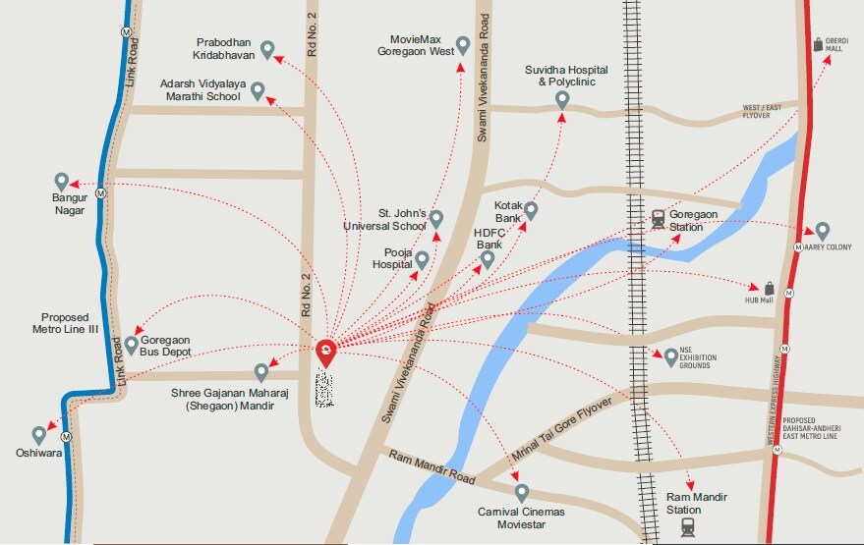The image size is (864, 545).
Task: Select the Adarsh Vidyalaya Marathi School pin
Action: pyautogui.click(x=258, y=91)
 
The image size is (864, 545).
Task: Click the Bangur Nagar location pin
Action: pyautogui.click(x=61, y=182)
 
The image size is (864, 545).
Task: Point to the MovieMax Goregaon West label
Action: pyautogui.click(x=422, y=45)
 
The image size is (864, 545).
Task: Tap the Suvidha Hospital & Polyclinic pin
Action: pyautogui.click(x=562, y=99)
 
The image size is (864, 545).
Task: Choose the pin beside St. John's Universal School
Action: pyautogui.click(x=436, y=218)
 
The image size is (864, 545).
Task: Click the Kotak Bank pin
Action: pyautogui.click(x=531, y=210)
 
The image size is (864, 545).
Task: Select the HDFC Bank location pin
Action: pyautogui.click(x=488, y=259)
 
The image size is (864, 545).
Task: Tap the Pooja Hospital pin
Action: pyautogui.click(x=422, y=260)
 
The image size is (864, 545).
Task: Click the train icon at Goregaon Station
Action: pyautogui.click(x=658, y=220)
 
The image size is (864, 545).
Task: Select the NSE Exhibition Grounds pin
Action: pyautogui.click(x=671, y=355)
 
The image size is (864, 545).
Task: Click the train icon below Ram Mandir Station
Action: pyautogui.click(x=688, y=527)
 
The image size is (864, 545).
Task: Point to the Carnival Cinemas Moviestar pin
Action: pyautogui.click(x=522, y=492)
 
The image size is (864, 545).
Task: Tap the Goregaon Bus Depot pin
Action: pyautogui.click(x=132, y=345)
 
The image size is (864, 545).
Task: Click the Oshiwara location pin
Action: pyautogui.click(x=39, y=434)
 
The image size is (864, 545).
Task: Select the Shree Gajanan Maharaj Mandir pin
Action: pyautogui.click(x=261, y=372)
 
